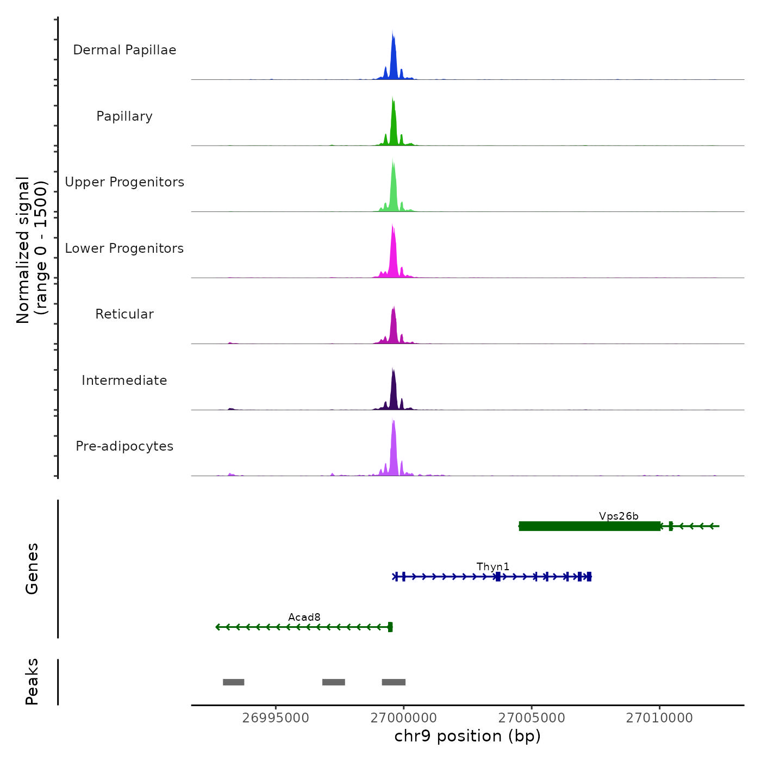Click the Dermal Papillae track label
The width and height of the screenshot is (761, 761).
[x=124, y=50]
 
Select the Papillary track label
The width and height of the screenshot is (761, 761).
[x=124, y=116]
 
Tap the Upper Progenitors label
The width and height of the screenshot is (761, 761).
[x=124, y=182]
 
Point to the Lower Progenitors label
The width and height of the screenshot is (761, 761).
[x=124, y=248]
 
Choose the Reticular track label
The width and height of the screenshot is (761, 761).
[x=124, y=314]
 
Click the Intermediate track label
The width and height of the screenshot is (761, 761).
[x=124, y=380]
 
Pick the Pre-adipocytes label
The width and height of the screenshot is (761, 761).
[x=124, y=446]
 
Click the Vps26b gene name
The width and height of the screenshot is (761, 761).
[x=619, y=516]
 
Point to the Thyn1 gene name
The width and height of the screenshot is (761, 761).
[x=493, y=566]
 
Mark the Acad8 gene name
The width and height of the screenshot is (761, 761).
[x=304, y=617]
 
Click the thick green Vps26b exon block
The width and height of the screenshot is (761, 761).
[x=590, y=526]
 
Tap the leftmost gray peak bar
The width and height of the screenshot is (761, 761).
[x=234, y=682]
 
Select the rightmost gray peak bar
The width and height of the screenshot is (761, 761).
[x=394, y=682]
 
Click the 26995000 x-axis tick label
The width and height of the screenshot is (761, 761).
[x=276, y=718]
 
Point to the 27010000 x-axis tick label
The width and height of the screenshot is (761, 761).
[x=659, y=718]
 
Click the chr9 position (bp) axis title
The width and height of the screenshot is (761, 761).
[x=467, y=736]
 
